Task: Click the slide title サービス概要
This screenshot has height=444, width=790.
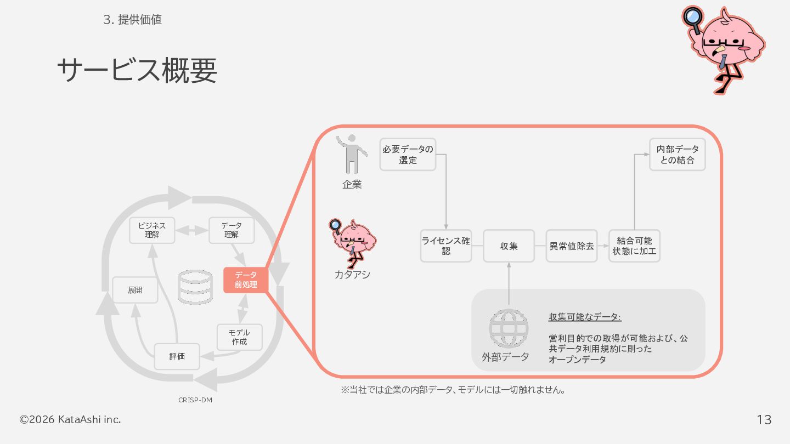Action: tap(137, 71)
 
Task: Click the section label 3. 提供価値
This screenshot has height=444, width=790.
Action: tap(132, 20)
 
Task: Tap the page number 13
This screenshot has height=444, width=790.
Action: tap(764, 420)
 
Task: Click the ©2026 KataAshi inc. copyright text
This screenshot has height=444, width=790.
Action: tap(70, 419)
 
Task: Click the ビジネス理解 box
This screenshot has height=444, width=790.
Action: tap(152, 230)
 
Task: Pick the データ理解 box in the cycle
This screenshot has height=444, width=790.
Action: tap(232, 230)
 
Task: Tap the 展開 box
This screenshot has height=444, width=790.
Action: tap(135, 290)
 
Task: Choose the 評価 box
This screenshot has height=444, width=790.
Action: tap(177, 356)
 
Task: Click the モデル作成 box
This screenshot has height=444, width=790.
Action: tap(239, 337)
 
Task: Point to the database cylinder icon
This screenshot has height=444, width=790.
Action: tap(195, 287)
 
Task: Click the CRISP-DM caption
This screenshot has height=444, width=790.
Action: tap(195, 400)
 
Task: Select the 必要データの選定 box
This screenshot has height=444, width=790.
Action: tap(408, 155)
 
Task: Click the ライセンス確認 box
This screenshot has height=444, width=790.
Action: tap(446, 246)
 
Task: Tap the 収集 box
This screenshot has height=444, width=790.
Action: tap(509, 246)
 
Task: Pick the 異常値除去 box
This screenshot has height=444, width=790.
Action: tap(572, 246)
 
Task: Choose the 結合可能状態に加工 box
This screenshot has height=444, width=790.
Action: tap(634, 246)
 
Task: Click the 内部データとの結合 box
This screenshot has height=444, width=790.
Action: tap(678, 155)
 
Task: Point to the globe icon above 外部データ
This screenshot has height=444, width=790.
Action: tap(509, 328)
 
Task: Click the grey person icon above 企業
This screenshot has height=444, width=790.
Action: tap(352, 154)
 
